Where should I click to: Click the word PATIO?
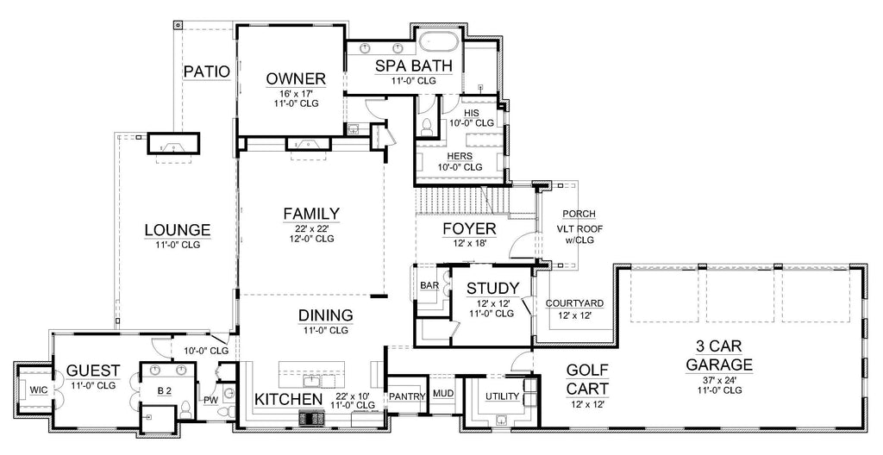[206, 72]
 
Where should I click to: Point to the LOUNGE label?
[177, 230]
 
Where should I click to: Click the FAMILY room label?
[311, 213]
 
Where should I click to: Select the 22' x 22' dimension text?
[311, 227]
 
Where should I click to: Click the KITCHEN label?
[288, 399]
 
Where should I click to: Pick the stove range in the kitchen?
[310, 419]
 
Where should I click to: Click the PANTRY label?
[407, 396]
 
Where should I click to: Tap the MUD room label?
[443, 394]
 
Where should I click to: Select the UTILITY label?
[501, 396]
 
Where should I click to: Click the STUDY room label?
[492, 288]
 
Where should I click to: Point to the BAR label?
[429, 285]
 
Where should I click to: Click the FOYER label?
[469, 228]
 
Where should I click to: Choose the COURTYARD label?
[574, 303]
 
